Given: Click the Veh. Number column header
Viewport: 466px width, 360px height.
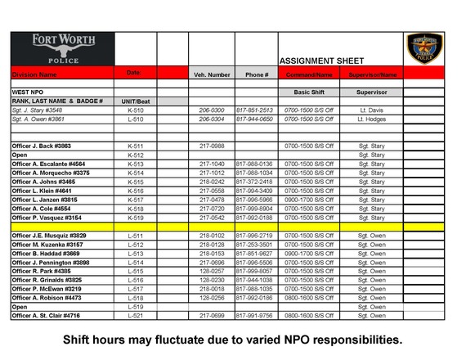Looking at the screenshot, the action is point(212,74).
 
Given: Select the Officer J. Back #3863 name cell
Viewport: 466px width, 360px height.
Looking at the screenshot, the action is point(41,145).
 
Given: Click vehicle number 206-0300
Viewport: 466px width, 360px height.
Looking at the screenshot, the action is point(212,109).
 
